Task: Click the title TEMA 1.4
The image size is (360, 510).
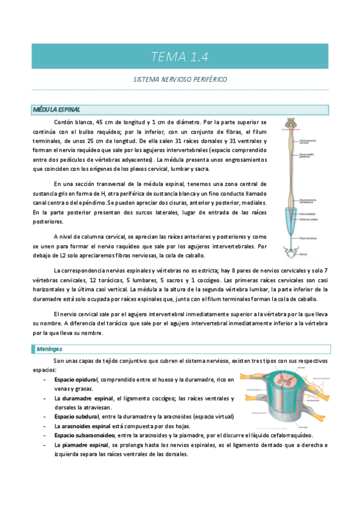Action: [x=180, y=57]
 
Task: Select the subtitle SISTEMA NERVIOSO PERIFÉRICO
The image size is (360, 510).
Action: [x=180, y=79]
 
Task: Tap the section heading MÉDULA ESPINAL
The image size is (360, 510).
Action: [x=56, y=109]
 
